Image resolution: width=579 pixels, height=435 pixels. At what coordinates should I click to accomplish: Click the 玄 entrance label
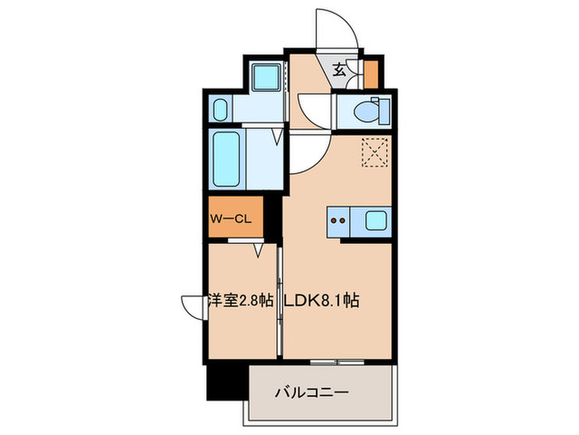[x=339, y=70]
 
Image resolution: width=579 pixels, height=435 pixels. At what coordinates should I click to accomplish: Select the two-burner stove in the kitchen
[x=337, y=220]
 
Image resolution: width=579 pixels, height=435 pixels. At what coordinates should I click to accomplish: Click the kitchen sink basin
[x=373, y=220]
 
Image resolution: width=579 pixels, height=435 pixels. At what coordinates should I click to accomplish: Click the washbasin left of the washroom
[x=221, y=109]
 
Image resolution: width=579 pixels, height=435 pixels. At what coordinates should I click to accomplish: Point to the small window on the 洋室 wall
[x=192, y=307]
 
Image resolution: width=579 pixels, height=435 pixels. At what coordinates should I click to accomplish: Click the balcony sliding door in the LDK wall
[x=337, y=362]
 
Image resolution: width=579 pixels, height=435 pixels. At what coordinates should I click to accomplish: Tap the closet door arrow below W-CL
[x=258, y=248]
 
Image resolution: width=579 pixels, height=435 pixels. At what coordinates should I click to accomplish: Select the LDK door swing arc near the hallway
[x=302, y=153]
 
